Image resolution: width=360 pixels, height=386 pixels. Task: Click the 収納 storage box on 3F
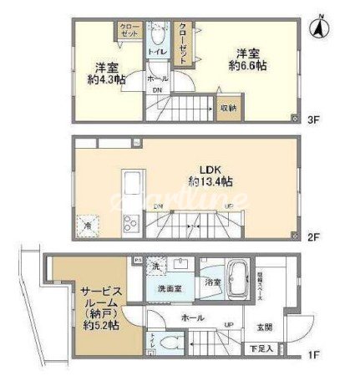coord(228,107)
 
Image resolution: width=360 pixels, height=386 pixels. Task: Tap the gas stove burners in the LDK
coord(130,223)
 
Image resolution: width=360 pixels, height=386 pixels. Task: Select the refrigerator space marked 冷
coord(86,224)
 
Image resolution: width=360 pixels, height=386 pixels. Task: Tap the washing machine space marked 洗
coord(156,267)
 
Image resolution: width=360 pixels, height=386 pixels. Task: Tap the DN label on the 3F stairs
coord(156,93)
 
